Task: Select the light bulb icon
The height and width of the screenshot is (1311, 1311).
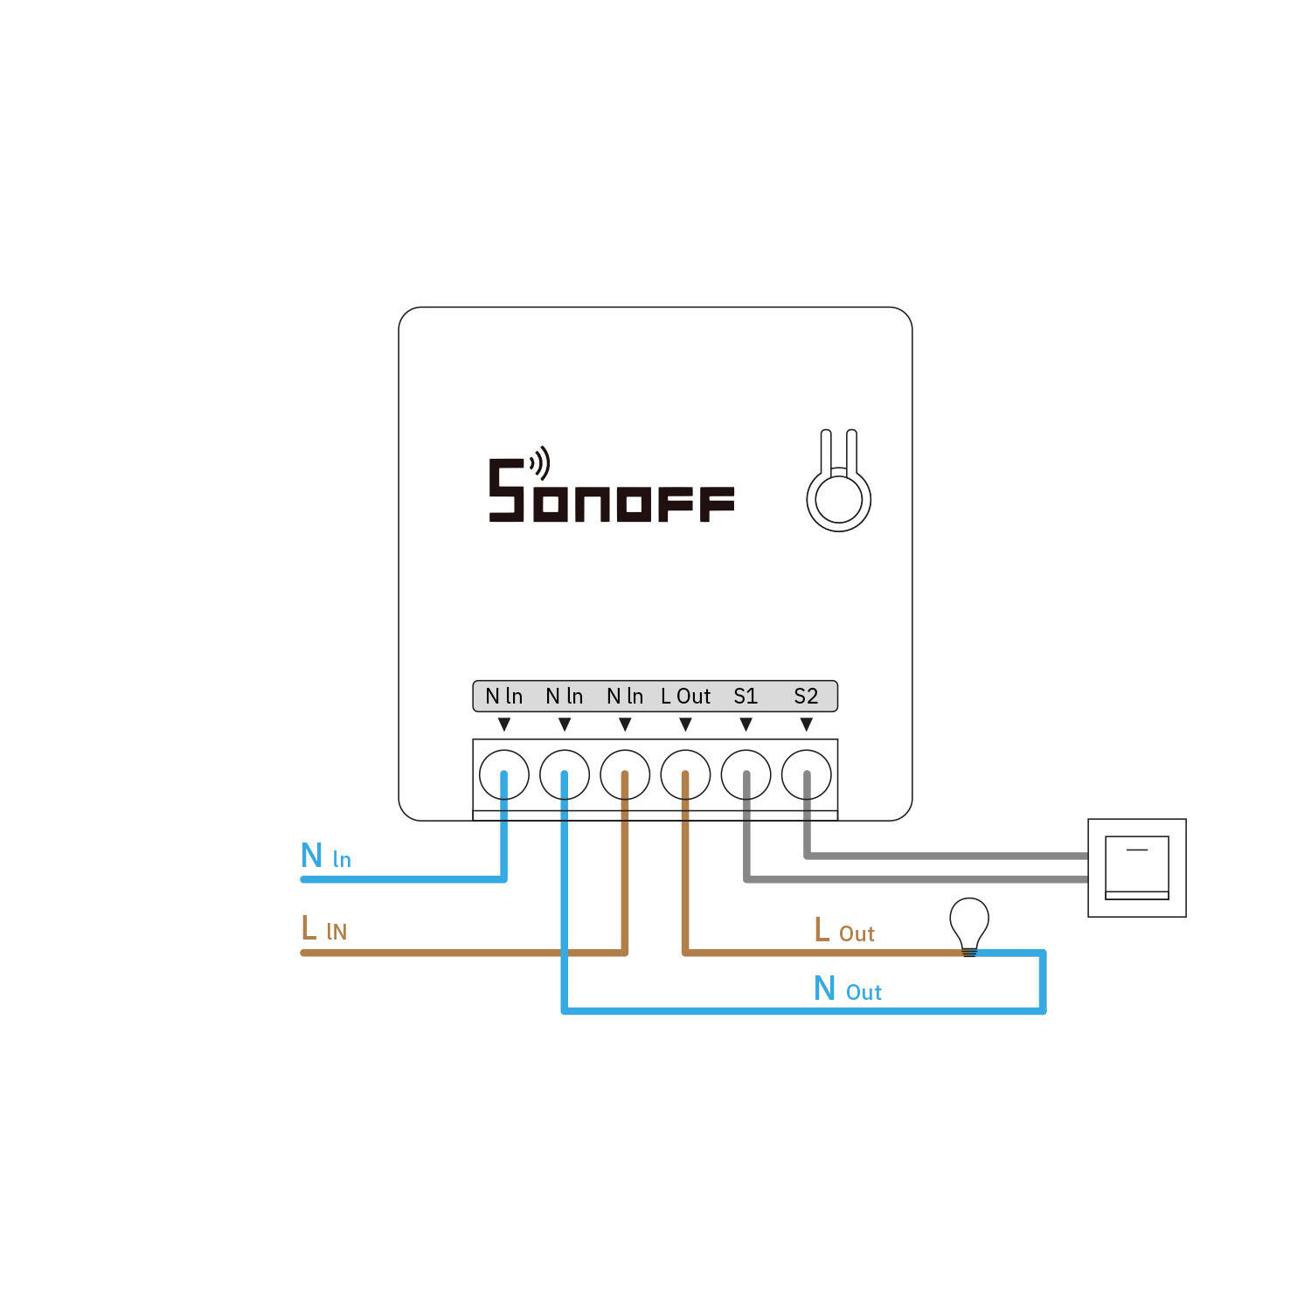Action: click(969, 925)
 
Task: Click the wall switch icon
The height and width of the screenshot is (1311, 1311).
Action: click(1136, 868)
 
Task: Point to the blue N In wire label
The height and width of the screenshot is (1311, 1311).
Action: click(325, 857)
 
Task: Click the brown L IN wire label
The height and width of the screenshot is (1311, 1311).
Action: click(324, 929)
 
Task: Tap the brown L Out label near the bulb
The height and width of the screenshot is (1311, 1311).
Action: click(843, 932)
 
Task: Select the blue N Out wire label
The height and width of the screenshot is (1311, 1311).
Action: click(847, 989)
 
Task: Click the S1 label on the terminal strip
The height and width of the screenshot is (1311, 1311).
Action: click(746, 697)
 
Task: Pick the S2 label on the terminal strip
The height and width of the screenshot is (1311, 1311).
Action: click(806, 697)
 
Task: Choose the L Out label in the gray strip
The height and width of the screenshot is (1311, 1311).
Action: click(685, 697)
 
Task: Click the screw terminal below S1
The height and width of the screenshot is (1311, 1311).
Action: click(746, 774)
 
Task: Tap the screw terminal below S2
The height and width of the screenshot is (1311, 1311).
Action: click(806, 774)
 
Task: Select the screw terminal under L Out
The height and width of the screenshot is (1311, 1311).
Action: click(685, 774)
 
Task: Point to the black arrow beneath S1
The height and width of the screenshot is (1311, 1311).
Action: click(746, 725)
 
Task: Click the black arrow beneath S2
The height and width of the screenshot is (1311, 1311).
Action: click(806, 725)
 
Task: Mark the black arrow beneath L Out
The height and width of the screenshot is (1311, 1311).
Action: click(685, 725)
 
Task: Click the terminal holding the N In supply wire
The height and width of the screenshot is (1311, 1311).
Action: click(504, 774)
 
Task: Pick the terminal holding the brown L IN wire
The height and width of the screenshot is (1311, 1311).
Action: click(625, 774)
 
